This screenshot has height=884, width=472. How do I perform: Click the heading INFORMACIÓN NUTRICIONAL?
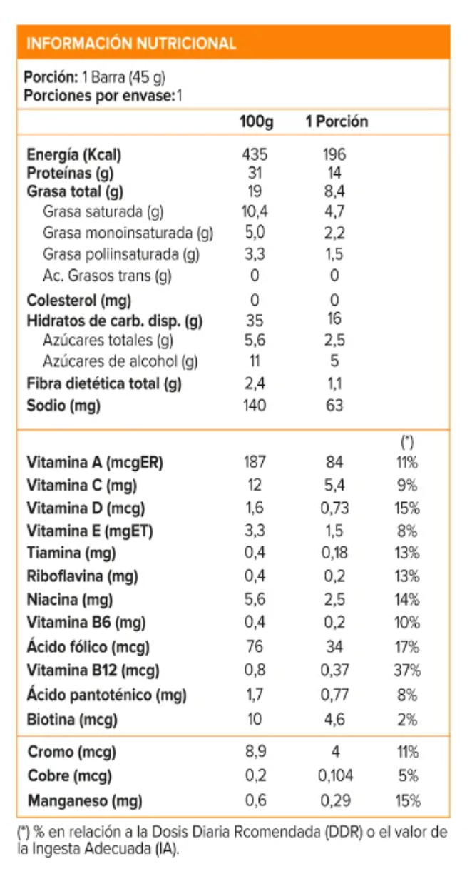(x=130, y=44)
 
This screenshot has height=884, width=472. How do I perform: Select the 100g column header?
(x=256, y=121)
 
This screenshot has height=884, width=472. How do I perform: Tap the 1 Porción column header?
(x=337, y=121)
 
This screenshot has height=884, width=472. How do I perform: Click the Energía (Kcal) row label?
(x=74, y=155)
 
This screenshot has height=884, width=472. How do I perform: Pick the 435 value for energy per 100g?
(x=255, y=155)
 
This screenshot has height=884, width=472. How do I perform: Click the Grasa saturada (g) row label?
(x=103, y=212)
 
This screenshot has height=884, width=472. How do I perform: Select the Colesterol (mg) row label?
(x=78, y=300)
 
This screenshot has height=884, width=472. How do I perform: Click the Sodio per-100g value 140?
(x=255, y=406)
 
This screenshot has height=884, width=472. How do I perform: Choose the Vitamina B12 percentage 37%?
(x=408, y=670)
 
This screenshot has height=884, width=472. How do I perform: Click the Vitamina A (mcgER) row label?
(x=95, y=463)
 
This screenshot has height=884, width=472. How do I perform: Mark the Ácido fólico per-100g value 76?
(x=255, y=647)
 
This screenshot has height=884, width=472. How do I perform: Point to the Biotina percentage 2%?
(x=408, y=720)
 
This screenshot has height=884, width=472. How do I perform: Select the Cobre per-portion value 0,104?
(x=334, y=776)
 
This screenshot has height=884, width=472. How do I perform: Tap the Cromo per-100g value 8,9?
(x=255, y=752)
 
